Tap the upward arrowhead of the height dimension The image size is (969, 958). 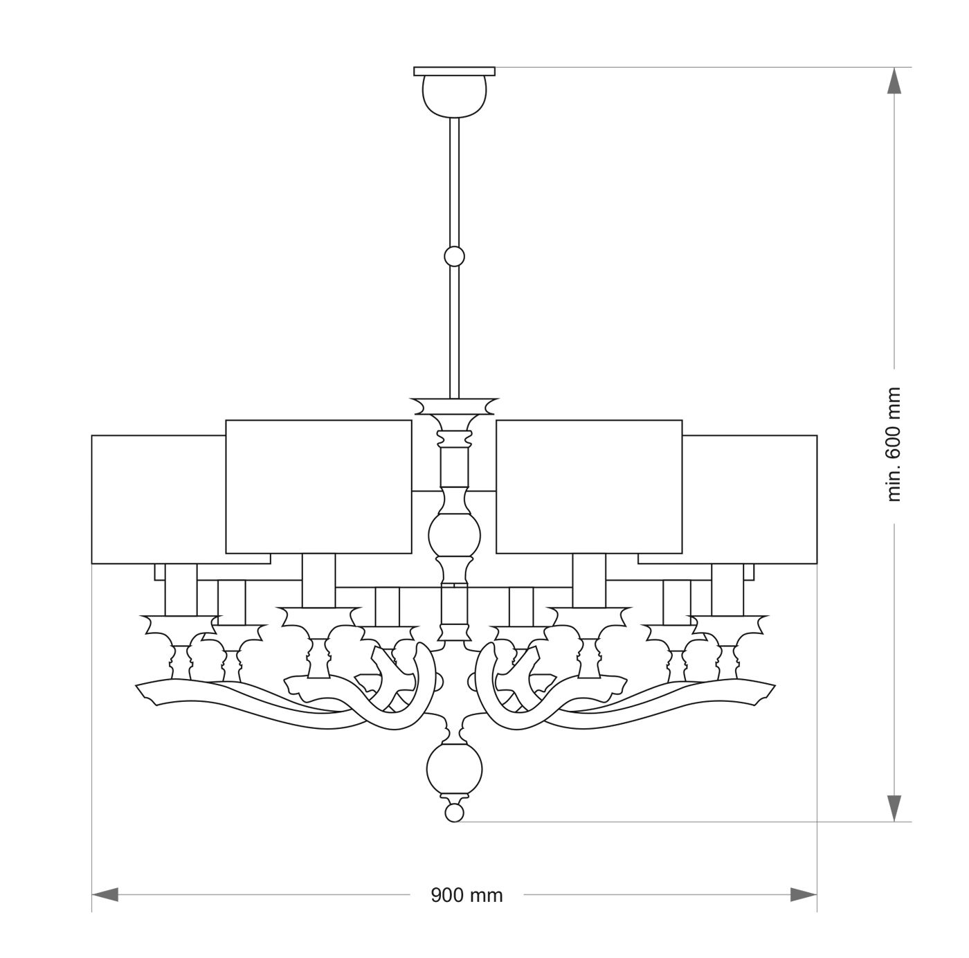point(894,81)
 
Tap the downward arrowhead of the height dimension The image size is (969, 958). point(894,807)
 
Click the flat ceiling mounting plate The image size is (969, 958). point(455,71)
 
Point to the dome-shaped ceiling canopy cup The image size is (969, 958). point(455,95)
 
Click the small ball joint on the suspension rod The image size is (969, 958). point(455,257)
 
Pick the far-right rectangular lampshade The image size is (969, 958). point(750,498)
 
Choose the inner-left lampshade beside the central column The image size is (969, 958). point(319,487)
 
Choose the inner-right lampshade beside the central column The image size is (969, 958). point(589,487)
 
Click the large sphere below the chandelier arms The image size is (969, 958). point(455,770)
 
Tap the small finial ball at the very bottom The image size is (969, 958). point(455,812)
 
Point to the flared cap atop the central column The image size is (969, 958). point(455,405)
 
